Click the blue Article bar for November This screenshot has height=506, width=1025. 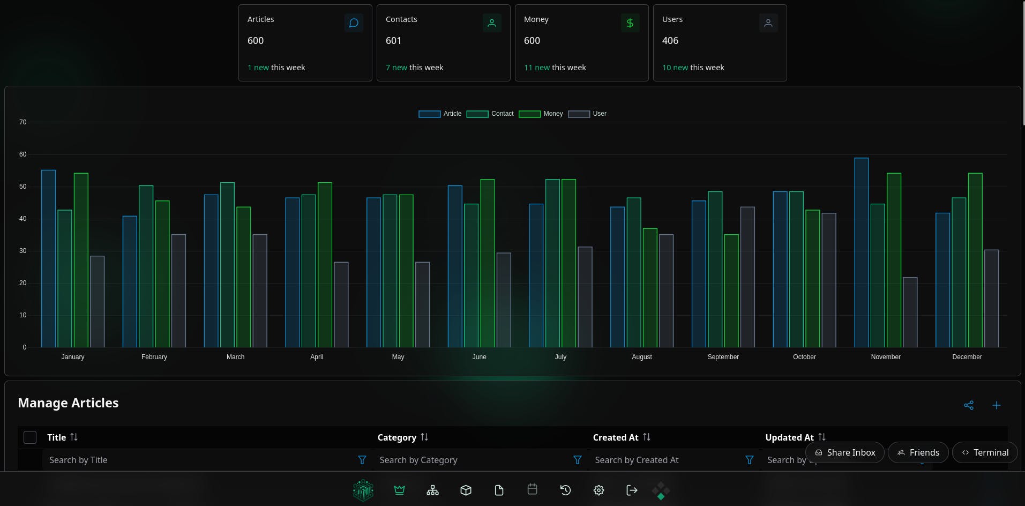(x=861, y=252)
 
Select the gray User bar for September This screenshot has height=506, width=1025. (x=747, y=277)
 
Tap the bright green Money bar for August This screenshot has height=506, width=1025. (x=650, y=288)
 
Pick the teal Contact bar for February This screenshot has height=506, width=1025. (x=146, y=266)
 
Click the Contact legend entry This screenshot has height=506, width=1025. (x=490, y=114)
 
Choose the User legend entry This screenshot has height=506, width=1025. (x=587, y=114)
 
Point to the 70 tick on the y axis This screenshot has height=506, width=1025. (x=23, y=122)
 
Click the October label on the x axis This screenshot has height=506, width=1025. (x=804, y=357)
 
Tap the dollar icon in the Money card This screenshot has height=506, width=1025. (x=630, y=23)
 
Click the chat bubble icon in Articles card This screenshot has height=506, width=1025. (x=354, y=23)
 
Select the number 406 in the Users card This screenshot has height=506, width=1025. (x=670, y=41)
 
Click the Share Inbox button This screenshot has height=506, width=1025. (x=845, y=452)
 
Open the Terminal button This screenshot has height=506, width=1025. (x=985, y=452)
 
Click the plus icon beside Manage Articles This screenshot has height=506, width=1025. (x=996, y=405)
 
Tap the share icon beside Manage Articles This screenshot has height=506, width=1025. (x=969, y=405)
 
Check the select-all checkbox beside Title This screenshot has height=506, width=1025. (x=30, y=437)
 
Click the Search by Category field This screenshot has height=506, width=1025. (x=472, y=460)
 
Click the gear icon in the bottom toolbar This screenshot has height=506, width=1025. (x=598, y=490)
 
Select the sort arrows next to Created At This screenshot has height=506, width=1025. (x=647, y=437)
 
